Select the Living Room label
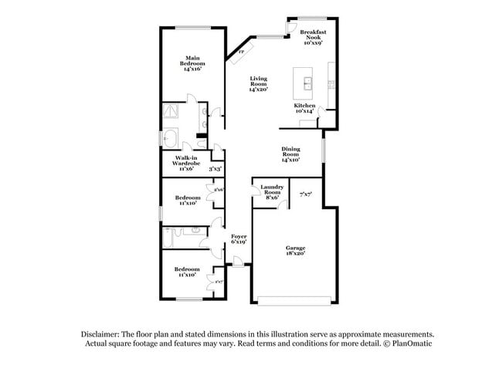tap(258, 84)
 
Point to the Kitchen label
tap(304, 108)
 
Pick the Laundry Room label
tap(270, 192)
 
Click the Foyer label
tap(239, 240)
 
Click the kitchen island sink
tap(304, 81)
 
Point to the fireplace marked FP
tap(240, 52)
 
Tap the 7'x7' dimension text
tap(306, 194)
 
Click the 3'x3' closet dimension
tap(215, 168)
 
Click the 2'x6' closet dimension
tap(219, 190)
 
